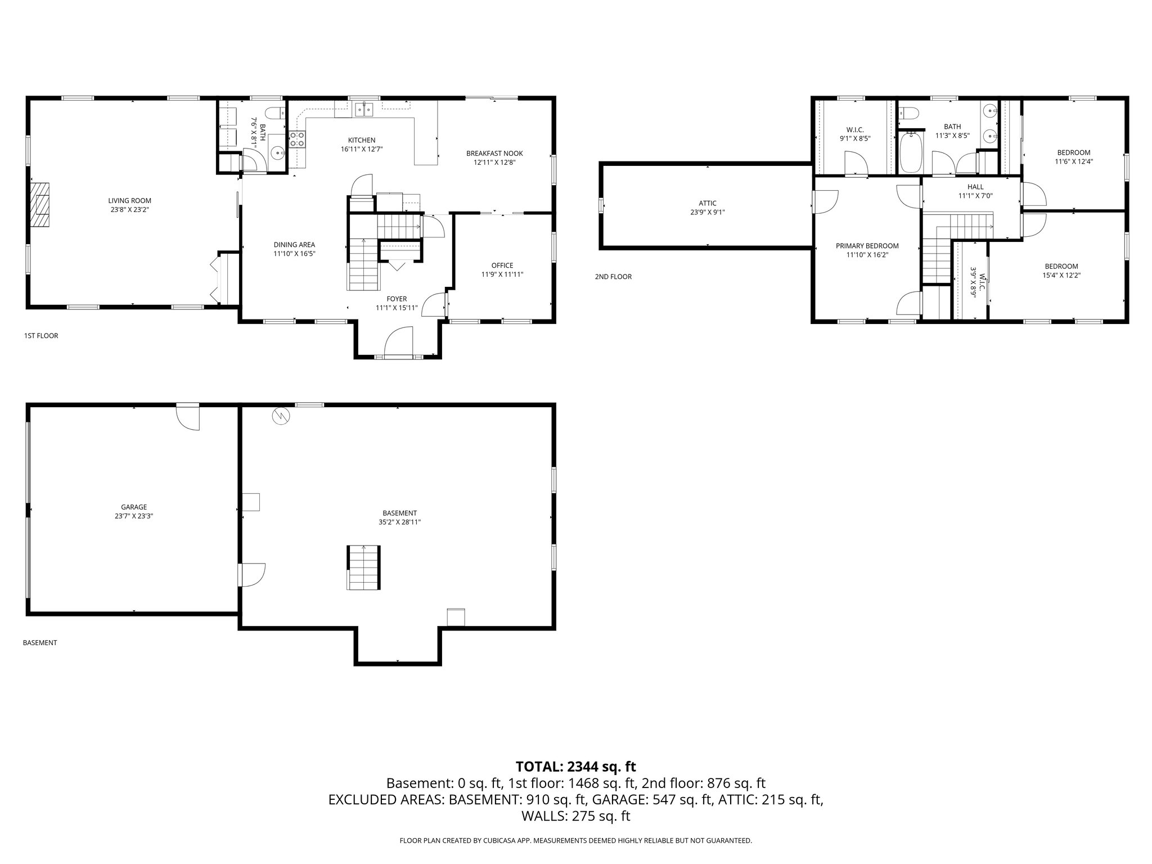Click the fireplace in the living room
pos(40,204)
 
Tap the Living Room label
pos(129,201)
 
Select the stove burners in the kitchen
pos(298,139)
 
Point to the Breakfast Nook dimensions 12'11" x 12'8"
pos(494,163)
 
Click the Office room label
pos(502,265)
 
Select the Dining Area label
pos(294,245)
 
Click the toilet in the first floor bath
pos(276,113)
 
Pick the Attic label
pos(707,203)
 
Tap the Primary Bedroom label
pos(867,246)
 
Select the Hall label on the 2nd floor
pos(975,187)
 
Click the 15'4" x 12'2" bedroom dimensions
pos(1061,276)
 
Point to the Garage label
pos(133,507)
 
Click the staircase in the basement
pos(363,568)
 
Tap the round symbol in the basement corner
pos(280,416)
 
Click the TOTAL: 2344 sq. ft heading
pos(575,766)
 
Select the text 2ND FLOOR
pos(613,277)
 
